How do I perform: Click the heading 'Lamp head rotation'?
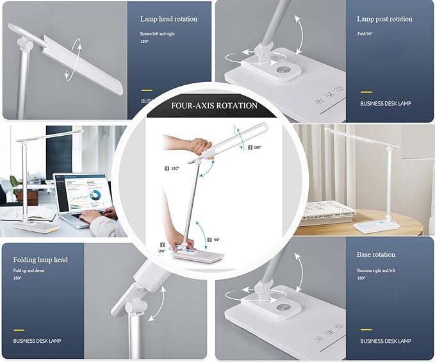[x=168, y=19]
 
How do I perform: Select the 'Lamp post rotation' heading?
[x=384, y=19]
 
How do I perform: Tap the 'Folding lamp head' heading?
[x=40, y=260]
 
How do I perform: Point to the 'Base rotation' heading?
[x=376, y=254]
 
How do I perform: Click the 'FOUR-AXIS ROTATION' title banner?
[x=214, y=106]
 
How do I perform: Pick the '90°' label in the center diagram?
[x=217, y=239]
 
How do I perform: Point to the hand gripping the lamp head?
[x=195, y=145]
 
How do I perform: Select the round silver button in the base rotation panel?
[x=283, y=312]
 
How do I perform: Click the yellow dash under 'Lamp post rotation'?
[x=366, y=92]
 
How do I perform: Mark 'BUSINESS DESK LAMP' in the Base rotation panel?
[x=385, y=341]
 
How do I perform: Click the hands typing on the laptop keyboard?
[x=96, y=215]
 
